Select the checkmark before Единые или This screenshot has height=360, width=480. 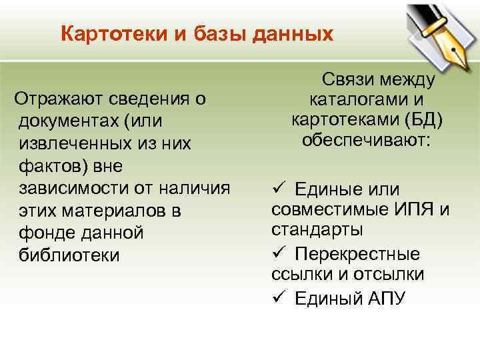click(279, 190)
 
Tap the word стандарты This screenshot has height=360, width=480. click(317, 230)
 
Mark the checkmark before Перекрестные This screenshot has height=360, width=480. click(279, 254)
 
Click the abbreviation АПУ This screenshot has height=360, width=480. click(385, 298)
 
